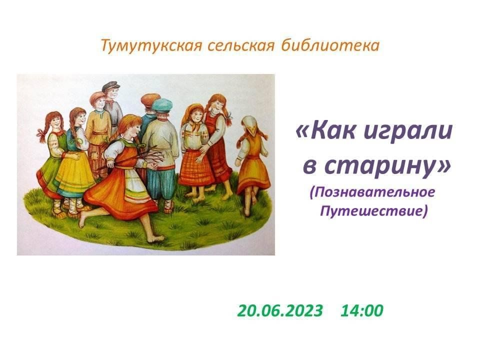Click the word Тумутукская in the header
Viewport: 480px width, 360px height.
151,46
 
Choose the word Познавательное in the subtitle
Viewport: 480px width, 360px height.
372,192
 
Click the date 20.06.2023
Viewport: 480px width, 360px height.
280,310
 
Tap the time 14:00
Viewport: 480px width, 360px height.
361,310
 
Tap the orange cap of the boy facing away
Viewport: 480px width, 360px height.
150,99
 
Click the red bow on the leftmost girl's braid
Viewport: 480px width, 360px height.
42,133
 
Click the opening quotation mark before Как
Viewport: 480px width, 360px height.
303,132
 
